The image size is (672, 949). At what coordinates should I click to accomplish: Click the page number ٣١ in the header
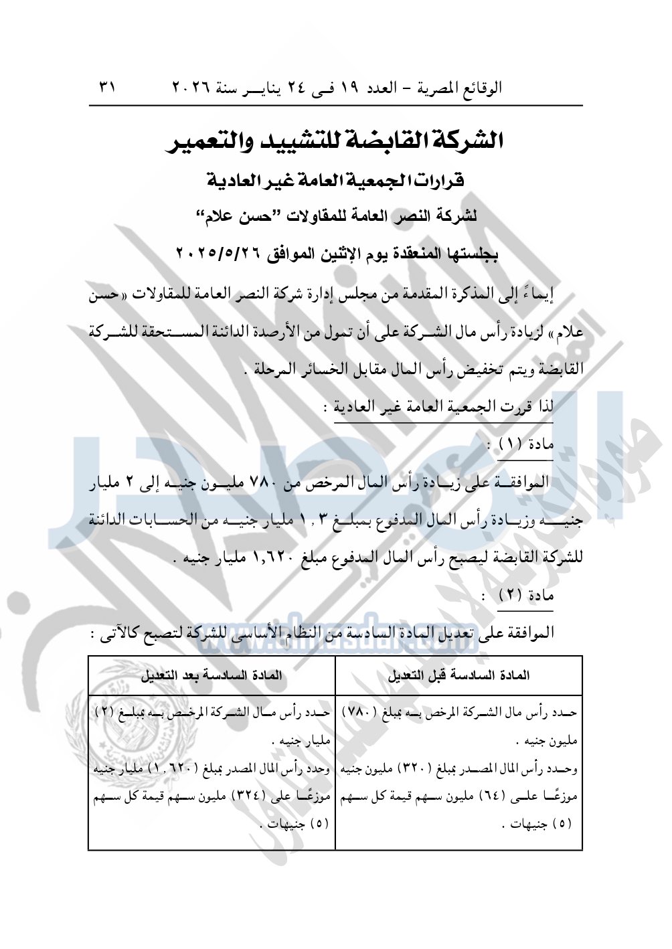[x=108, y=88]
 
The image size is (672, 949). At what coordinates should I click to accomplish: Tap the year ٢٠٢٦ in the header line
[x=191, y=88]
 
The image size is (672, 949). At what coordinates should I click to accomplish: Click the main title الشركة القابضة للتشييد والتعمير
[x=337, y=141]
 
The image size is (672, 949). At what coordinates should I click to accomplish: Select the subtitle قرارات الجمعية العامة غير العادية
[x=336, y=181]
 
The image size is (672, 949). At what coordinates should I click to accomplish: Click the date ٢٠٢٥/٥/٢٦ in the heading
[x=216, y=253]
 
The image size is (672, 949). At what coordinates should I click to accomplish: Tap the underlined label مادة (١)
[x=526, y=444]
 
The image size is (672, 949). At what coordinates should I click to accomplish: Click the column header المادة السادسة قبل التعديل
[x=458, y=675]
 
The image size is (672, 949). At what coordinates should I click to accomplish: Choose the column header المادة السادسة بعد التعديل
[x=212, y=675]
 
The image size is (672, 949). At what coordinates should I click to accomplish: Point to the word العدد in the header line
[x=380, y=88]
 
